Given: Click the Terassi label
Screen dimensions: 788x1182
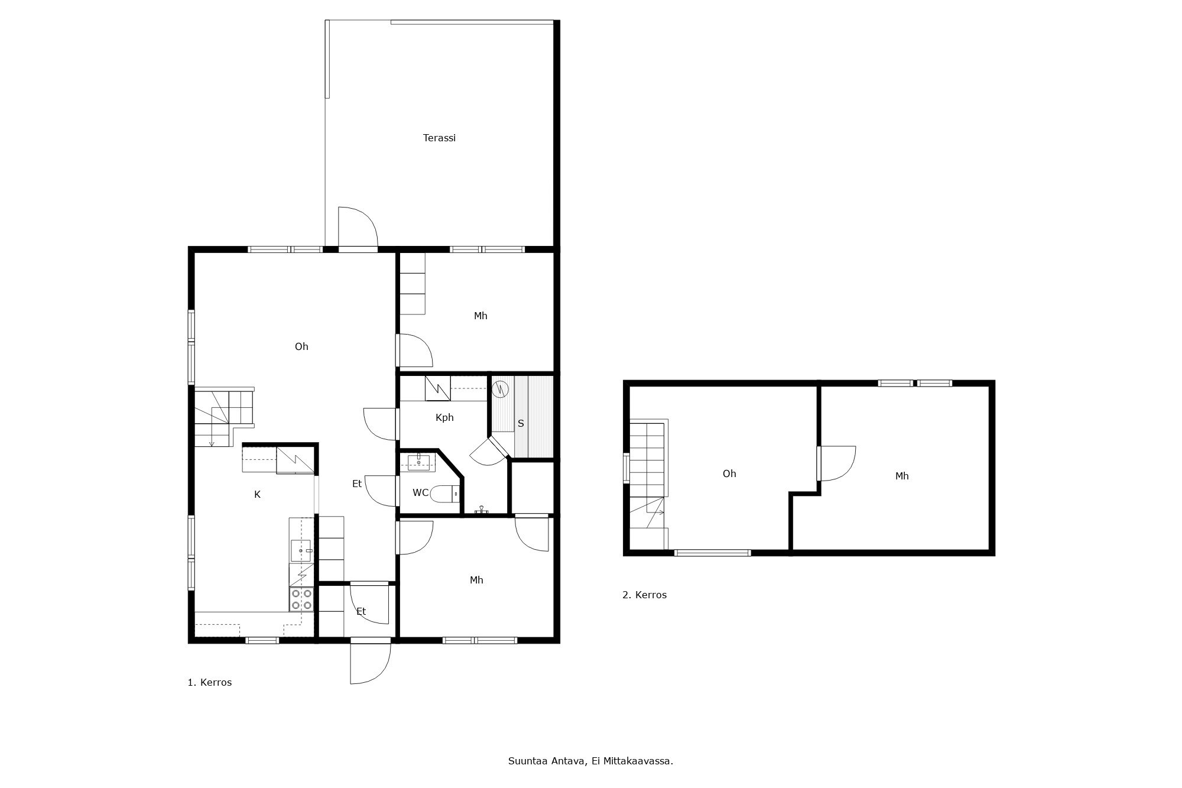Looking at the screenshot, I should (x=439, y=138).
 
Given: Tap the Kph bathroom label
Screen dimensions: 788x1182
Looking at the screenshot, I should (x=444, y=417).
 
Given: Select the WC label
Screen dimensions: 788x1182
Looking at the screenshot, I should (x=420, y=492).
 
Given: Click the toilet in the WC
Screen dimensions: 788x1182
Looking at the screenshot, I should (x=443, y=493).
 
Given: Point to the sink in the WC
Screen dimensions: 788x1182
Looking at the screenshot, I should (x=418, y=461).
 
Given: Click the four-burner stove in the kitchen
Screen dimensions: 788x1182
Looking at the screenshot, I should (x=301, y=599).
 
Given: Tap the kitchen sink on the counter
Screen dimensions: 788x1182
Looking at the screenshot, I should (x=301, y=550).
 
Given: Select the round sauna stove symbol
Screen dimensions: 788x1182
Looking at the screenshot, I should (x=500, y=388).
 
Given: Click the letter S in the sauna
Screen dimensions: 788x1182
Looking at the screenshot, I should (x=521, y=423).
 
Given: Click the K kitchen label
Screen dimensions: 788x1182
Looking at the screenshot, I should (x=257, y=494).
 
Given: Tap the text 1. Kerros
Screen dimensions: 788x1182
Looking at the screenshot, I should (x=209, y=682).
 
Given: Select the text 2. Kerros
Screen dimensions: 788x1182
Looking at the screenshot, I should (x=644, y=595).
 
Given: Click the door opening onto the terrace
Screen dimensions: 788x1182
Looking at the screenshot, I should (x=358, y=228).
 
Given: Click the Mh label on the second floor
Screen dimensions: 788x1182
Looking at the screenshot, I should (x=901, y=476).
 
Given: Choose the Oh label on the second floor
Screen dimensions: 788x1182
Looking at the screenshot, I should (x=729, y=474).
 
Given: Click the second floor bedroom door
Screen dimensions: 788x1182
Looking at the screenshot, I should (x=836, y=463).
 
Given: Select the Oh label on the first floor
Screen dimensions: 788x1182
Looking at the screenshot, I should (x=301, y=346).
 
